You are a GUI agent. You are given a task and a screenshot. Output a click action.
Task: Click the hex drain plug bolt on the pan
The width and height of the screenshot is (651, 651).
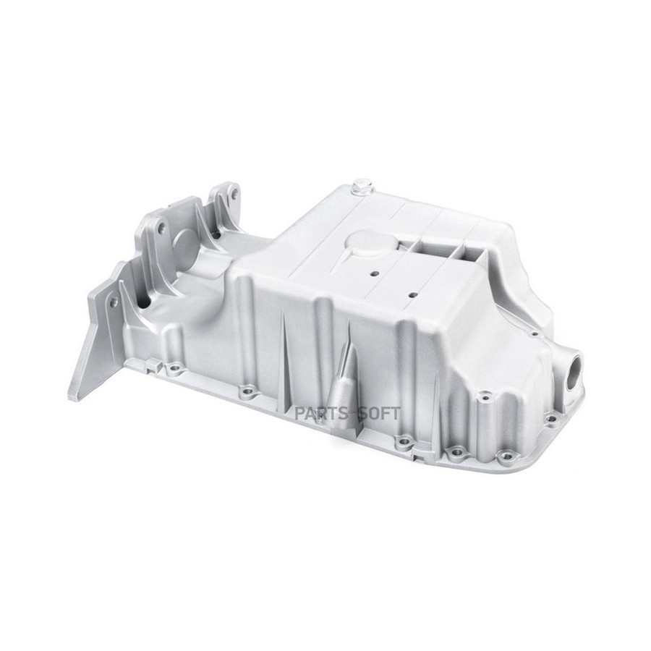pos(360,187)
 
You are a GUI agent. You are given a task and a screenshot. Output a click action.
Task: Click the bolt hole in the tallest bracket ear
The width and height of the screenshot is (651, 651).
pos(234,194)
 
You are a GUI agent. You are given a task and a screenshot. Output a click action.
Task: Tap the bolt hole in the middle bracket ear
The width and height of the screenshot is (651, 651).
pos(161,227)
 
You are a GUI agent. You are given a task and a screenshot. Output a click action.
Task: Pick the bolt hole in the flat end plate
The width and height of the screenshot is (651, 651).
pos(113,302)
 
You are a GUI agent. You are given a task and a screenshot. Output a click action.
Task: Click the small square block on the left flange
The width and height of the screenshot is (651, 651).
pos(154,366)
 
